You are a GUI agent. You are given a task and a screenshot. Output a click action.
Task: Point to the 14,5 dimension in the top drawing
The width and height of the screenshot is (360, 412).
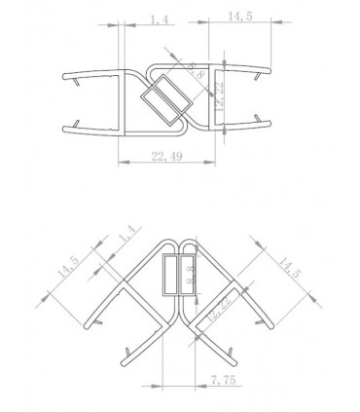[x=237, y=17]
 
